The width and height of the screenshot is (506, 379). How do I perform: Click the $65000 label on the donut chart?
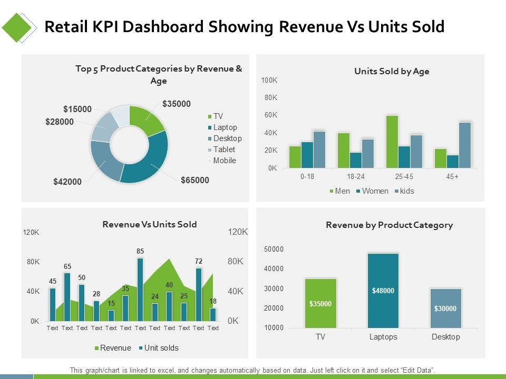click(194, 180)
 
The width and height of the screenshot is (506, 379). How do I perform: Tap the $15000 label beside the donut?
click(77, 109)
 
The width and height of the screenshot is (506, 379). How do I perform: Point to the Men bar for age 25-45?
click(392, 142)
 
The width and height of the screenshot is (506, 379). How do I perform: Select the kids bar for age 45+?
click(465, 145)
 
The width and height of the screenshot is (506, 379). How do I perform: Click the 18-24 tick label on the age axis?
click(356, 177)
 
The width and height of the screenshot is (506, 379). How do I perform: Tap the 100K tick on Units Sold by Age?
click(269, 80)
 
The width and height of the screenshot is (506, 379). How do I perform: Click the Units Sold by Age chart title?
click(392, 72)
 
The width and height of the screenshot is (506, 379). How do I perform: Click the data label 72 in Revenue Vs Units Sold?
click(199, 261)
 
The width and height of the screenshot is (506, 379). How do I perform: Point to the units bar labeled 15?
click(111, 315)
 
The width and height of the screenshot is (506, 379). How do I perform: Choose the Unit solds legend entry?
click(159, 348)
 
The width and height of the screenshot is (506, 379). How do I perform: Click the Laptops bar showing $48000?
click(383, 291)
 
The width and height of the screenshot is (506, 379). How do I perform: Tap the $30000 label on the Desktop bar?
click(445, 308)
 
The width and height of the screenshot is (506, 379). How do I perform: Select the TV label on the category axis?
click(320, 337)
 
